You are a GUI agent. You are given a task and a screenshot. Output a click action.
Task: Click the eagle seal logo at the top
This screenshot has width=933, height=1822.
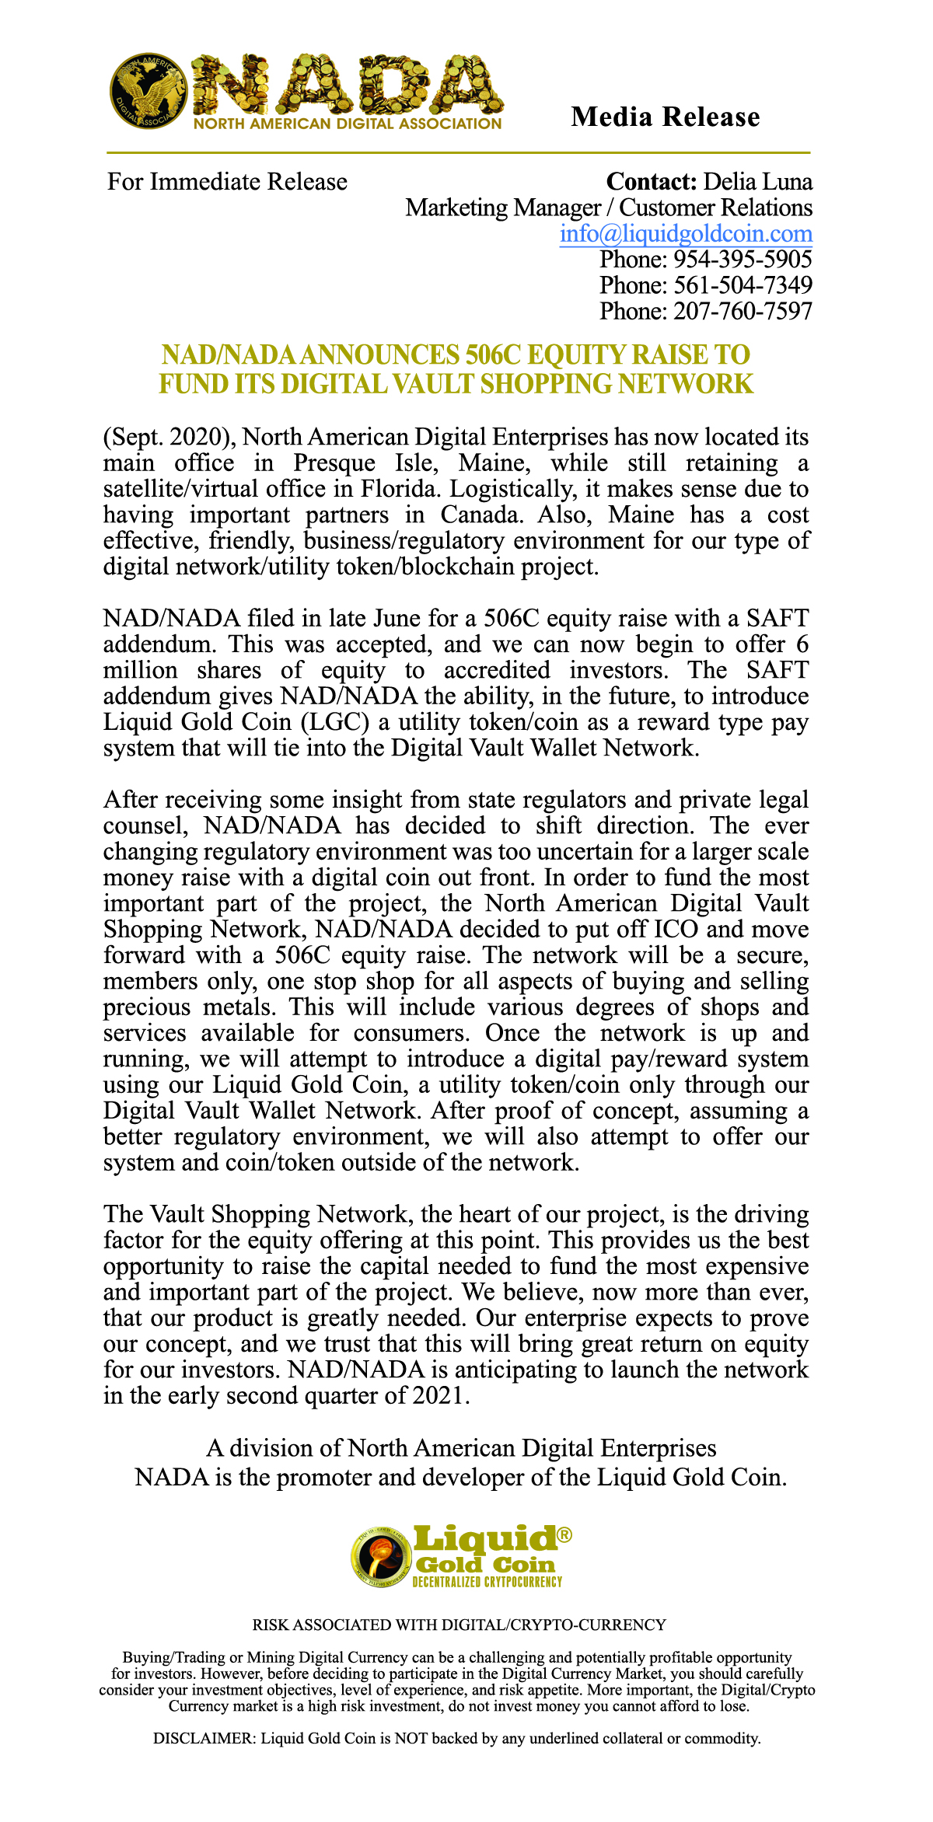click(x=148, y=92)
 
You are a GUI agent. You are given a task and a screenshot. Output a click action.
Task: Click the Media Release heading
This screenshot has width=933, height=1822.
click(x=665, y=117)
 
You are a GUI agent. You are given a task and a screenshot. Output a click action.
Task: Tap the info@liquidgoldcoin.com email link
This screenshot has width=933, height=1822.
click(x=686, y=233)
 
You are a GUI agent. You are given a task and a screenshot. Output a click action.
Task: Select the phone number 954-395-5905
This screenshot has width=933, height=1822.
click(x=743, y=259)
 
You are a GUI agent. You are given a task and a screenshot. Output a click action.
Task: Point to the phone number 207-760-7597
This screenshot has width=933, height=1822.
click(x=743, y=311)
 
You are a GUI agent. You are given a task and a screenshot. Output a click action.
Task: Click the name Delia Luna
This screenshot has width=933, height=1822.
click(x=757, y=182)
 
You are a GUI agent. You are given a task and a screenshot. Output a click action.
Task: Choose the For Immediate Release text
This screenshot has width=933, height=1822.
click(x=227, y=182)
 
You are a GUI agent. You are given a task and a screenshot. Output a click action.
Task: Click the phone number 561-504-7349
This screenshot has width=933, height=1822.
click(x=743, y=285)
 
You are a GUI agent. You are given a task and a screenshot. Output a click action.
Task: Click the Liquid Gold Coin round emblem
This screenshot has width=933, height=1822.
click(x=381, y=1555)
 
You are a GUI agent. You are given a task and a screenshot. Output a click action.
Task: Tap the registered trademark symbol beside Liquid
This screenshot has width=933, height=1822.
click(x=565, y=1535)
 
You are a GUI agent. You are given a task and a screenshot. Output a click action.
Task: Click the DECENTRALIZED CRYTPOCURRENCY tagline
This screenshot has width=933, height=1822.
click(x=487, y=1582)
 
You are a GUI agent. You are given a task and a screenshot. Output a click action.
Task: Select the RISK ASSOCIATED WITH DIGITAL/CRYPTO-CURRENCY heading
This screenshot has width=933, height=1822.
click(x=459, y=1625)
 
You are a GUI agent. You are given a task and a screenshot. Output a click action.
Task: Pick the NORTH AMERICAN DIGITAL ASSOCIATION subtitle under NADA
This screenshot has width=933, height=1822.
click(x=348, y=124)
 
